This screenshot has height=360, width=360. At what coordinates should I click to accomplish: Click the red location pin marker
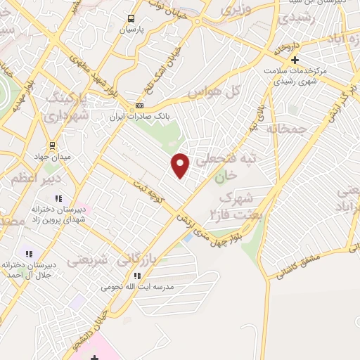(181, 165)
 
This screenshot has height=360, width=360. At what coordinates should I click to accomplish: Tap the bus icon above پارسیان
(131, 19)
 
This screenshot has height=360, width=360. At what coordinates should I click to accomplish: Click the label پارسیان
(131, 30)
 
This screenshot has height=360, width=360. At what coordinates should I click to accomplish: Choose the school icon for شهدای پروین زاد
(58, 198)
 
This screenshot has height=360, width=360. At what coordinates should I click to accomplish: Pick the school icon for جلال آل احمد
(29, 254)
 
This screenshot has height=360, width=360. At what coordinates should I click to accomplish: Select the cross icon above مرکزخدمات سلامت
(294, 60)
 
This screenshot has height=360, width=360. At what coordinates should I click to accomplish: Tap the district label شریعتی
(88, 260)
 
